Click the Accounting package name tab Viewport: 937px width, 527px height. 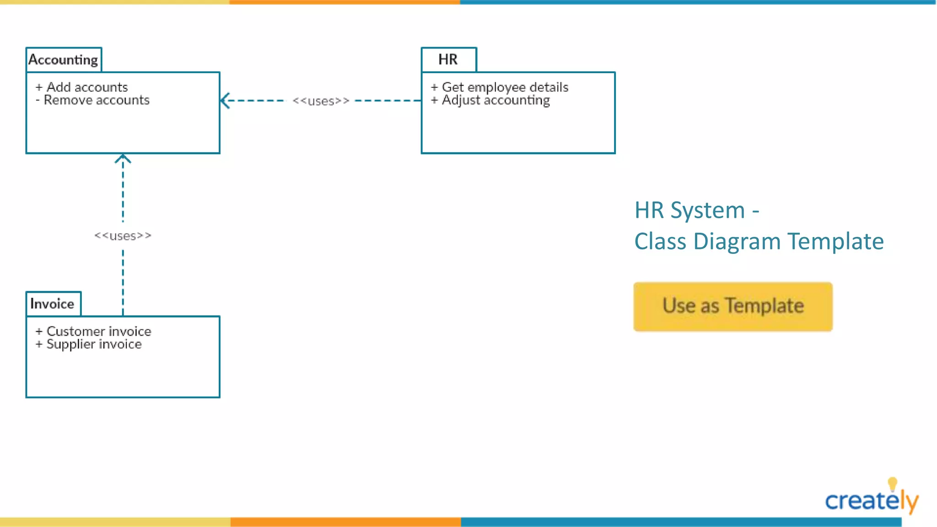click(x=64, y=60)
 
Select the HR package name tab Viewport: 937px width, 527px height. click(x=448, y=60)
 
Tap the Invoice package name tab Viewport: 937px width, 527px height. click(x=53, y=304)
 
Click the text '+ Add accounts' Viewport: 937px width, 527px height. click(x=82, y=87)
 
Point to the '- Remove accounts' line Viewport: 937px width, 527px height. click(x=93, y=100)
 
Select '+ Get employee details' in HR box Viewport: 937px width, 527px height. click(x=500, y=87)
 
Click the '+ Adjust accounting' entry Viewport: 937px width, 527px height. click(x=490, y=100)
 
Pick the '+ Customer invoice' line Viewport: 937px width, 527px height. click(x=93, y=331)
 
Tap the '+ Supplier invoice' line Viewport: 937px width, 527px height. click(x=89, y=344)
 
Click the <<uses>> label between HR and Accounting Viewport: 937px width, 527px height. click(x=321, y=101)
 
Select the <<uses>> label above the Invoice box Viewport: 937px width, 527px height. click(x=123, y=236)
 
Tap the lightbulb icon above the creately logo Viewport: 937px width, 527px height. click(x=892, y=484)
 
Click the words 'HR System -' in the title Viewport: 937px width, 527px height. click(x=696, y=210)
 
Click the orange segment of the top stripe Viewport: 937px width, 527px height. click(x=345, y=2)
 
